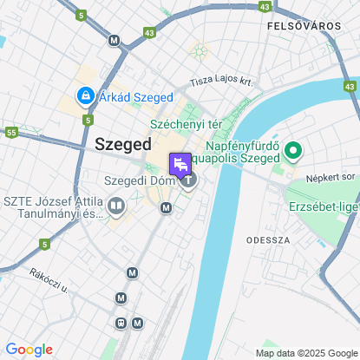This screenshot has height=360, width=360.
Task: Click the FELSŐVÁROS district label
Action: (304, 27)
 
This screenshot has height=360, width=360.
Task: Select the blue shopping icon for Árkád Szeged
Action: (86, 95)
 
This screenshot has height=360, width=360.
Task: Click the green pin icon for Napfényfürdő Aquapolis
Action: (293, 153)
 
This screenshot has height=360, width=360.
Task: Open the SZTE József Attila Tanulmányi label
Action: (53, 206)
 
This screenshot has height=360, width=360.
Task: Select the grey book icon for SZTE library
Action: (116, 206)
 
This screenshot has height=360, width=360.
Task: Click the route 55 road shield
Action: (12, 133)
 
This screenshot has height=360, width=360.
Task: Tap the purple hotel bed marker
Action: (180, 165)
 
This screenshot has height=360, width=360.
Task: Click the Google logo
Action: (29, 350)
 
